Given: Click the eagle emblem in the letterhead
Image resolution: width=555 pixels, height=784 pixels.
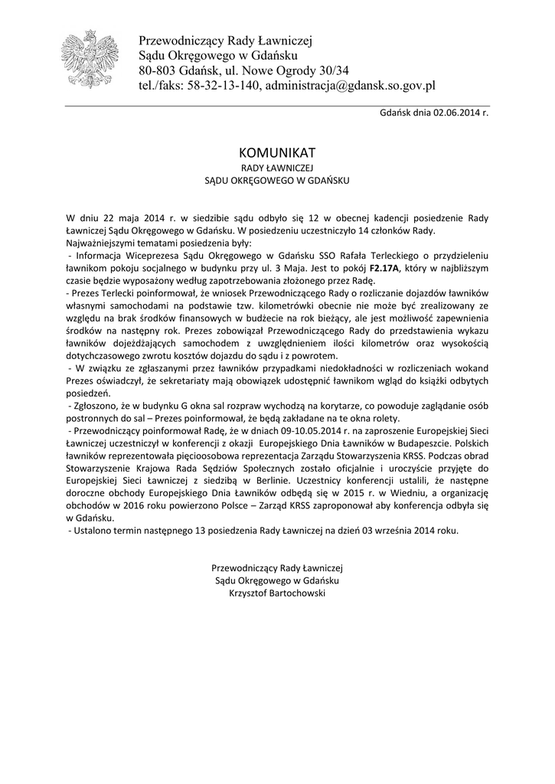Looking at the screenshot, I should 89,58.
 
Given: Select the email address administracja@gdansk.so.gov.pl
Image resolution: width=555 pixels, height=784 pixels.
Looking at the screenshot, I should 350,86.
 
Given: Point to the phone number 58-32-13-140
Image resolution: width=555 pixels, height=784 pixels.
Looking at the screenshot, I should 227,86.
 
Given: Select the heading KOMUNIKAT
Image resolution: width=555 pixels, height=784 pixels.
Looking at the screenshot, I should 277,152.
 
